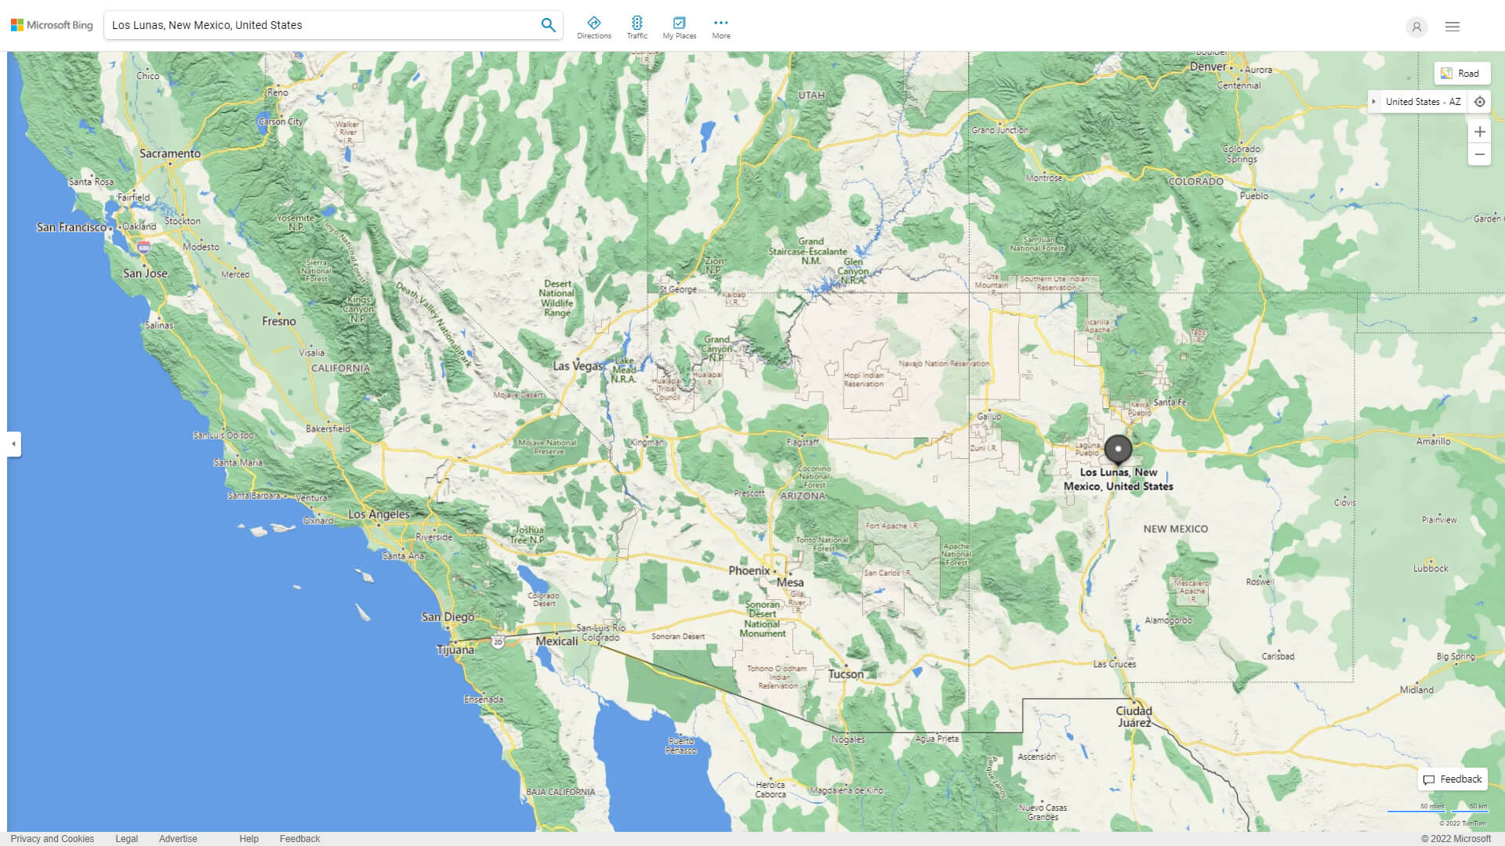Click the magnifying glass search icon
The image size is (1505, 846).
point(548,25)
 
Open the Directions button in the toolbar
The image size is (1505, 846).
point(593,27)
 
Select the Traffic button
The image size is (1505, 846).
point(636,27)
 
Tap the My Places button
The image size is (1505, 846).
point(679,27)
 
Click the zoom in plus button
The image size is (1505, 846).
point(1479,132)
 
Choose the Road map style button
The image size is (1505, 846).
point(1462,74)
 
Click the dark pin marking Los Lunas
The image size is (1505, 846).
point(1118,450)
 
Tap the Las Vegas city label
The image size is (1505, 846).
point(578,366)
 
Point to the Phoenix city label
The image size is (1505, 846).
point(749,571)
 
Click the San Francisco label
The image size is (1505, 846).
point(71,227)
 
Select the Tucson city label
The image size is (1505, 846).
point(846,674)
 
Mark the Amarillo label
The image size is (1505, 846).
point(1433,441)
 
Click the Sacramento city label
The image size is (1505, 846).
point(170,154)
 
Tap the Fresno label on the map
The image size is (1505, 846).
point(279,321)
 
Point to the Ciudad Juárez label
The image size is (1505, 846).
point(1133,717)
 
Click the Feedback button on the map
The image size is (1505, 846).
point(1452,779)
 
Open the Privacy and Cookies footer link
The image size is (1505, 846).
point(53,839)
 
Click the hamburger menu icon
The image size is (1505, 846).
point(1452,27)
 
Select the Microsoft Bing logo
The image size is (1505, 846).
point(52,25)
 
